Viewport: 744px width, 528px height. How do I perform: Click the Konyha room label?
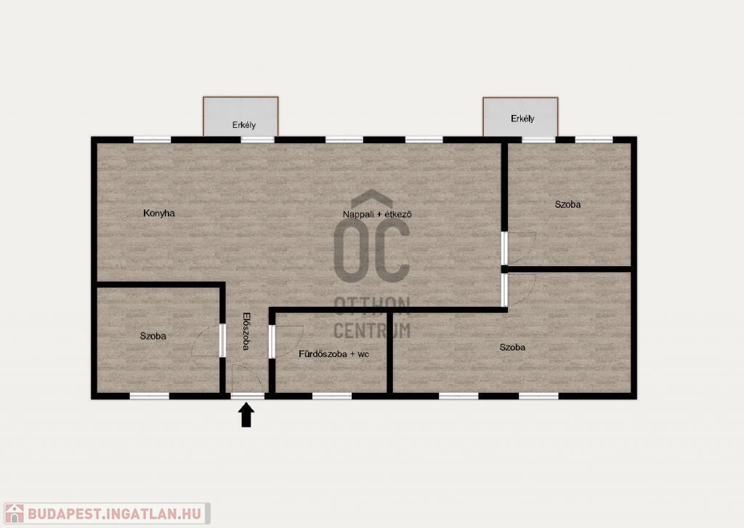(x=159, y=213)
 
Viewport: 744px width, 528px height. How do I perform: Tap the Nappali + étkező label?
(x=377, y=214)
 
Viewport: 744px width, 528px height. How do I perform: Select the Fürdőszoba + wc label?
(x=334, y=353)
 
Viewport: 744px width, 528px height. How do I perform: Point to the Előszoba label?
(x=246, y=331)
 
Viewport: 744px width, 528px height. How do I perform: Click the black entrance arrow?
(x=246, y=415)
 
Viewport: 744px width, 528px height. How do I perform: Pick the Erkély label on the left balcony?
(x=244, y=125)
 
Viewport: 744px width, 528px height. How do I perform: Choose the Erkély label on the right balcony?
(x=522, y=119)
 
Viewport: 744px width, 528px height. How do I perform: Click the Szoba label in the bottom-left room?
(x=153, y=336)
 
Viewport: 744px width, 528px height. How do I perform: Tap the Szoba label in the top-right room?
(x=567, y=204)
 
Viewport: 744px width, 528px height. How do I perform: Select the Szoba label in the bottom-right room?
(x=512, y=348)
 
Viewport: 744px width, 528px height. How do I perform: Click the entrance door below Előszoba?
(x=247, y=380)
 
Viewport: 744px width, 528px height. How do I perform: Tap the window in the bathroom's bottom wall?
(x=331, y=396)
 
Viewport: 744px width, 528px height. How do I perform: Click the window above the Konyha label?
(x=152, y=140)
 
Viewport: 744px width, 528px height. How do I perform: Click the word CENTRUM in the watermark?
(x=372, y=330)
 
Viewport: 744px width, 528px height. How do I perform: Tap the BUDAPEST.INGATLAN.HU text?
(x=114, y=513)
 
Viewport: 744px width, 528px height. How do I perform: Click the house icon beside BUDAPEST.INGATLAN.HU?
(x=14, y=513)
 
